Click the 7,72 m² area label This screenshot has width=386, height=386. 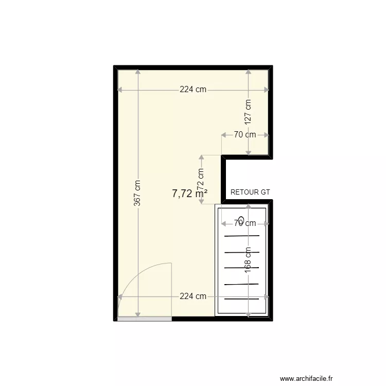tap(189, 194)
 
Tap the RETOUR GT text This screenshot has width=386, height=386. tap(250, 192)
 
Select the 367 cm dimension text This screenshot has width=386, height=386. tap(137, 193)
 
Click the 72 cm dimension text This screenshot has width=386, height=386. tap(200, 178)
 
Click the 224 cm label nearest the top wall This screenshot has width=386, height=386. tap(193, 89)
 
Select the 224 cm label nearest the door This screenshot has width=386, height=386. tap(193, 296)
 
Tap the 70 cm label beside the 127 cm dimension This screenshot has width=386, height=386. tap(244, 135)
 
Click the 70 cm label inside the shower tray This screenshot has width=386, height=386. tap(244, 223)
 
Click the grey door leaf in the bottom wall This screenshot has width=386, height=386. tap(144, 319)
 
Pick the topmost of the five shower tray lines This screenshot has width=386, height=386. tap(242, 236)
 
